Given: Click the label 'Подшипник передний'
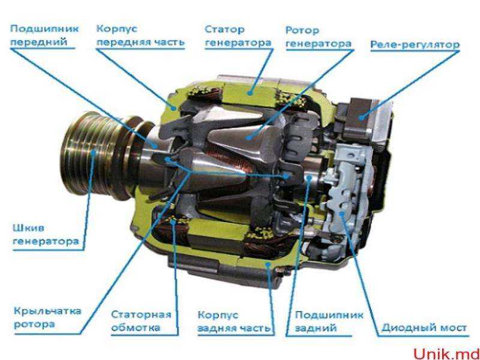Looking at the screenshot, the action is click(x=44, y=35).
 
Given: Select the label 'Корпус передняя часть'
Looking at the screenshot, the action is click(x=140, y=35).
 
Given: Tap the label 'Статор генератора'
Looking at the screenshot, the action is click(x=238, y=36).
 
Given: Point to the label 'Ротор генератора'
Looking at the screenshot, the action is click(x=319, y=37).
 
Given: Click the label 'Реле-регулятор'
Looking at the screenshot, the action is click(x=415, y=44).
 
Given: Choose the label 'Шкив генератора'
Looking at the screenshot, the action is click(x=46, y=235).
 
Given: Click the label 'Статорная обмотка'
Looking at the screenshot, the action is click(x=141, y=321).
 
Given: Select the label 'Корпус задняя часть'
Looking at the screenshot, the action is click(x=234, y=322).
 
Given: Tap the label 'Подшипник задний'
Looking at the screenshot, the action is click(x=329, y=322).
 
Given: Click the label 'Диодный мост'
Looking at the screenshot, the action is click(x=424, y=328).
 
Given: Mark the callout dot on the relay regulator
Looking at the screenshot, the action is click(x=362, y=116).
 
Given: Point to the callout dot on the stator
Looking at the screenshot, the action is click(x=251, y=91).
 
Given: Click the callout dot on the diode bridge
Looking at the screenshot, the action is click(x=342, y=214).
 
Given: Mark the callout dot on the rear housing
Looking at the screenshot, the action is click(x=268, y=263).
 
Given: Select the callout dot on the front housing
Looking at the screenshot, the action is click(x=175, y=108).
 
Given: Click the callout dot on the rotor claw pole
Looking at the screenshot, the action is click(x=248, y=137).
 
